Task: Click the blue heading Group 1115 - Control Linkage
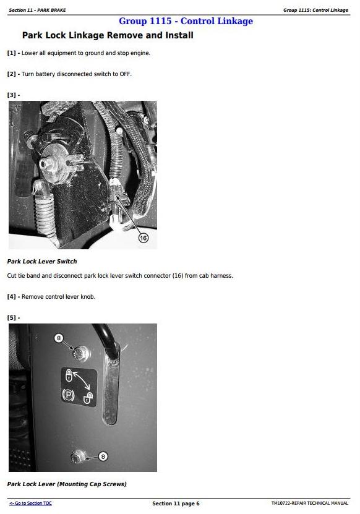[186, 21]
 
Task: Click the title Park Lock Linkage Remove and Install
[108, 35]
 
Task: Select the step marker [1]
[12, 53]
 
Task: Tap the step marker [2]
[12, 74]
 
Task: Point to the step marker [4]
[12, 297]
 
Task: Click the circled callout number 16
[144, 238]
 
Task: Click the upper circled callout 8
[59, 338]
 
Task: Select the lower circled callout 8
[103, 456]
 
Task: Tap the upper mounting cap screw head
[80, 353]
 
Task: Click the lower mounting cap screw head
[78, 457]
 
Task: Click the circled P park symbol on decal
[68, 395]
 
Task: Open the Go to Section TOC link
[30, 503]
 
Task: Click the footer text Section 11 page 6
[176, 503]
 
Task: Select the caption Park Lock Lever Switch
[42, 262]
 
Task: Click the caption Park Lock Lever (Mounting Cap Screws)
[67, 484]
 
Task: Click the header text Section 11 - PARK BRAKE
[37, 10]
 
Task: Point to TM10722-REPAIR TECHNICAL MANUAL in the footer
[310, 503]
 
